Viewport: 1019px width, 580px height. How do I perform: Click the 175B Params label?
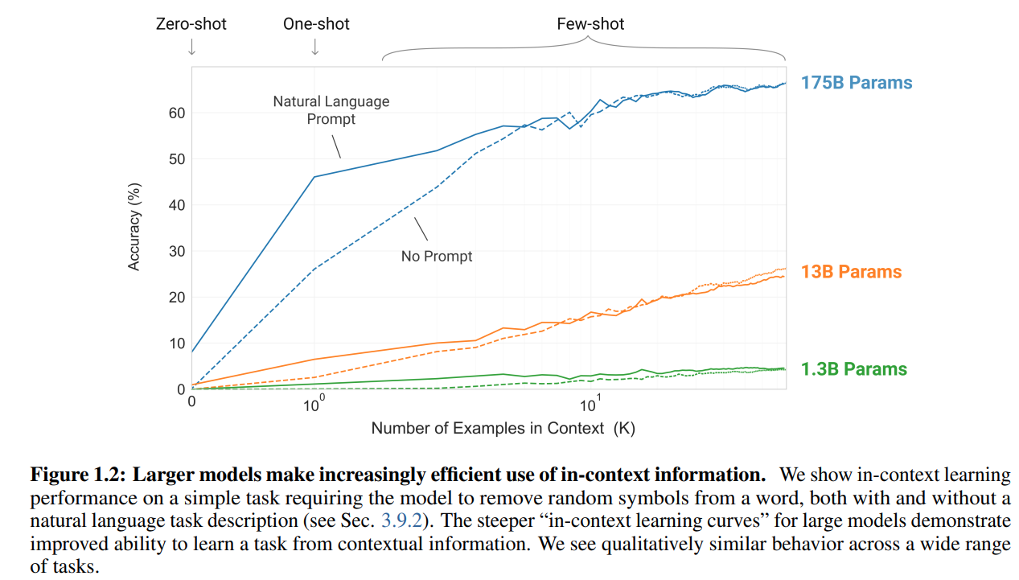[x=856, y=83]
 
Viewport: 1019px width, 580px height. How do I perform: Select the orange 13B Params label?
[x=851, y=272]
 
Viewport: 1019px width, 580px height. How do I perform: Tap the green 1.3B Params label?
[x=853, y=369]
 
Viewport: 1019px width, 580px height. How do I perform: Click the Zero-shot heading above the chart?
[x=191, y=24]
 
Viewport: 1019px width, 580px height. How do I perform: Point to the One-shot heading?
[x=316, y=24]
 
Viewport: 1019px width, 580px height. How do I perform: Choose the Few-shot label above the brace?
[x=590, y=24]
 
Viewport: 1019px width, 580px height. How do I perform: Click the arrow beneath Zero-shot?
[x=191, y=48]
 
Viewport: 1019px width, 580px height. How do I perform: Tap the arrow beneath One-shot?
[x=315, y=48]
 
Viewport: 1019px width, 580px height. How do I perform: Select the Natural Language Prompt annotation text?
[x=331, y=110]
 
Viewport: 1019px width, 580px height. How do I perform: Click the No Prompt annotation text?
[x=437, y=257]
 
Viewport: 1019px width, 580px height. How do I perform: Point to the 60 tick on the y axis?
[x=177, y=113]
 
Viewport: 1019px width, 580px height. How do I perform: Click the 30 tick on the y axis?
[x=177, y=252]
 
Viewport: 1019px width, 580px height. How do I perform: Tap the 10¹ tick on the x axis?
[x=591, y=404]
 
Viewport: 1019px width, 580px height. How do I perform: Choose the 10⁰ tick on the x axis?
[x=313, y=404]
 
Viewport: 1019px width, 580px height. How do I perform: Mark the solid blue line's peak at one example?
[x=314, y=177]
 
